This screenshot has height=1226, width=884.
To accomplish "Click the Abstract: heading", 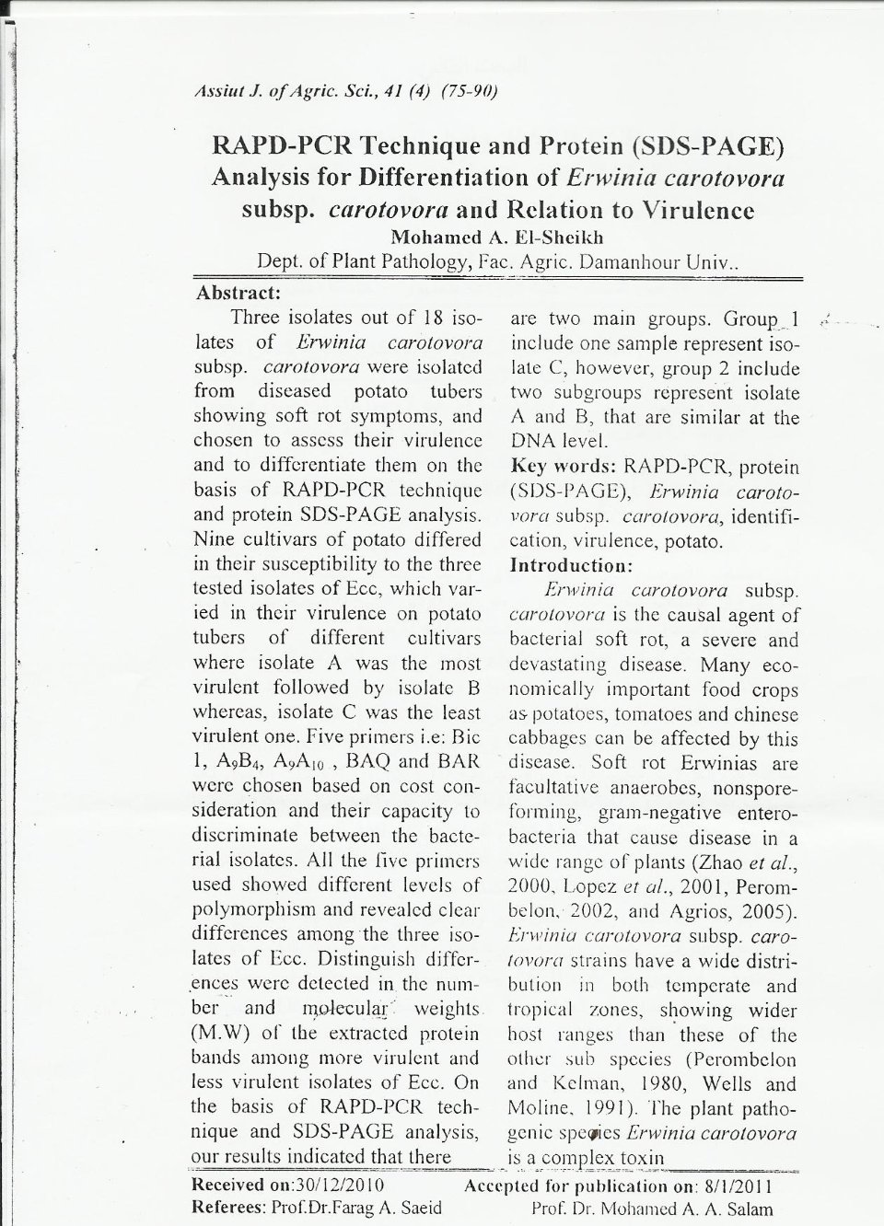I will [x=238, y=294].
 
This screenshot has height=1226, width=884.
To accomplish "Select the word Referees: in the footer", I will [x=227, y=1208].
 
